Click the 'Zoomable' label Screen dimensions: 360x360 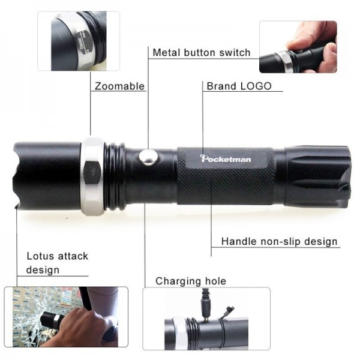(119, 86)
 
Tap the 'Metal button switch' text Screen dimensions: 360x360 (201, 52)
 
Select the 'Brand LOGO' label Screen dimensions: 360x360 (239, 86)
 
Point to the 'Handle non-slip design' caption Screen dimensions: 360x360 (279, 242)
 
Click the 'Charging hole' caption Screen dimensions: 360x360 (191, 281)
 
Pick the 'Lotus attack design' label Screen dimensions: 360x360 (57, 263)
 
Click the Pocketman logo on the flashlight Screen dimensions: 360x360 (226, 158)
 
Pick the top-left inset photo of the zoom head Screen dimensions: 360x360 (78, 41)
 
